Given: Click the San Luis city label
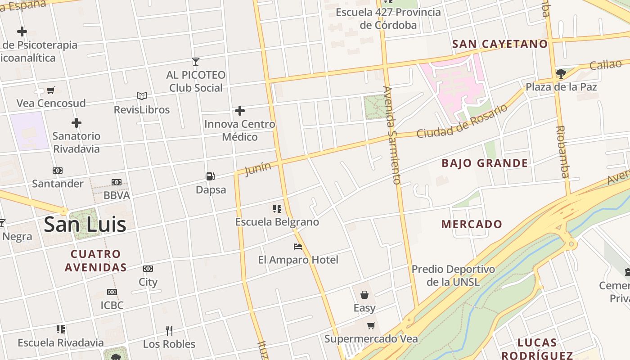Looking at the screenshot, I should point(85,224).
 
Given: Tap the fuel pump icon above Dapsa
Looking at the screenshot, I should point(210,176).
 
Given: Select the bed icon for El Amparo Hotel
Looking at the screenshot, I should point(298,247).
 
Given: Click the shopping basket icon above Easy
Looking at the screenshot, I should point(364,295).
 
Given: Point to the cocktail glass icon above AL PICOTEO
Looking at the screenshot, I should point(195,61).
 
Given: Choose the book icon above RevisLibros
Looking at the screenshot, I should point(142,96).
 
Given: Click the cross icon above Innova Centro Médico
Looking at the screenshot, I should point(240,110).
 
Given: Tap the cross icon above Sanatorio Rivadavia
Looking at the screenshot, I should point(76,122).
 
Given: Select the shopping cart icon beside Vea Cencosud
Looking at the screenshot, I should point(51,90).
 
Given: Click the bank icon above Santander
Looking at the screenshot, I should point(58,171).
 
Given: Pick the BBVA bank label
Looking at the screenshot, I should point(117,195).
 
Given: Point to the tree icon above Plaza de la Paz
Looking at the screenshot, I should point(561,73).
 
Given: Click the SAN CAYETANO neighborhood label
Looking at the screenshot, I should point(500,44).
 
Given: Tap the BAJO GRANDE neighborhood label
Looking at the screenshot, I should point(485,163).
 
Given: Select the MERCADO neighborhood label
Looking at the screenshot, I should point(472,224).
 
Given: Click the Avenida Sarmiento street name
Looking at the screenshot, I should point(392,135).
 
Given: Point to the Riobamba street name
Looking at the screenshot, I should point(562,151).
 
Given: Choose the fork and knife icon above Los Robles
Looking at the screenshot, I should point(169,331).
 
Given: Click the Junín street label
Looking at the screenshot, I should point(258,169).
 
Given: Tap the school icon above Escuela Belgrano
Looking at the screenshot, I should point(277,209).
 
